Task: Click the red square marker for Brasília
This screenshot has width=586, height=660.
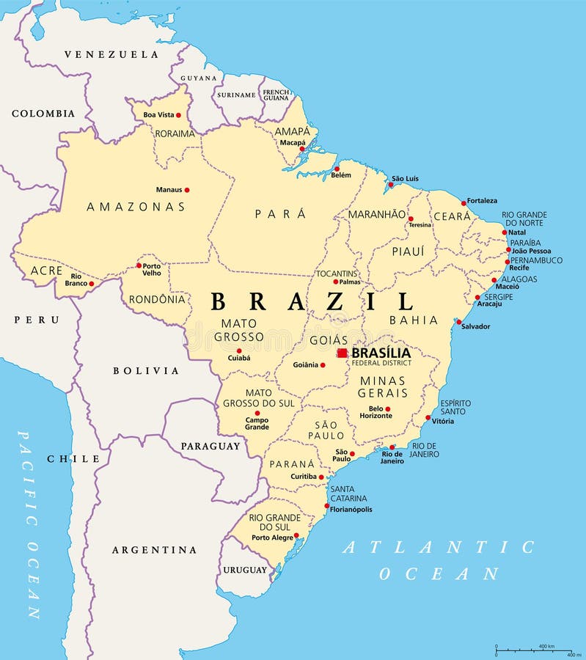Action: (342, 353)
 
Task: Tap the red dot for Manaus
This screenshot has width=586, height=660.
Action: (186, 190)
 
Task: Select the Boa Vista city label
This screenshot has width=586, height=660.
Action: (158, 115)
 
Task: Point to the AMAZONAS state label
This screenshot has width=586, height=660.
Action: (136, 207)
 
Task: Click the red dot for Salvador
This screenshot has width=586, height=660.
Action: (459, 321)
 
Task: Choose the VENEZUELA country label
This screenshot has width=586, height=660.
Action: (111, 54)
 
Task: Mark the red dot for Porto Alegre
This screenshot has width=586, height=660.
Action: (296, 536)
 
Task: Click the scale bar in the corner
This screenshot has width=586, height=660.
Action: (533, 650)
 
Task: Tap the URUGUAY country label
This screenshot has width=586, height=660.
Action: (245, 570)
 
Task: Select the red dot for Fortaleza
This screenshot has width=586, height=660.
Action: (464, 203)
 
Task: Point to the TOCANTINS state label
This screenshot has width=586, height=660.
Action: (337, 274)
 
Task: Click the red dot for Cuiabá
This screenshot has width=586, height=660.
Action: (239, 351)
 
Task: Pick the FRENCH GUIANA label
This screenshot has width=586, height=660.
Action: (276, 95)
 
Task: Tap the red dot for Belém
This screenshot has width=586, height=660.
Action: (337, 169)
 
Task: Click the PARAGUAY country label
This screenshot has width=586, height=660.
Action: (210, 446)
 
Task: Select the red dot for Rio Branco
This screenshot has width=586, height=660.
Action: (91, 283)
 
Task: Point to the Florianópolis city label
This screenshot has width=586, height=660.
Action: (351, 510)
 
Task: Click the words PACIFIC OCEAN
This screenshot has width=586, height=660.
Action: (30, 524)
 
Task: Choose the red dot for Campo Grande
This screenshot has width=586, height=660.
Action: (257, 413)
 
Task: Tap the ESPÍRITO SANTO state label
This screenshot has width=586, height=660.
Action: (455, 407)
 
